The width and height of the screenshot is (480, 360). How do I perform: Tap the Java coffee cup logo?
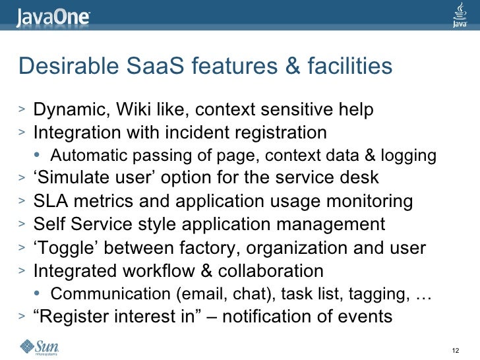(460, 15)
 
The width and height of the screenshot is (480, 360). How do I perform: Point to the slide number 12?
(453, 349)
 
